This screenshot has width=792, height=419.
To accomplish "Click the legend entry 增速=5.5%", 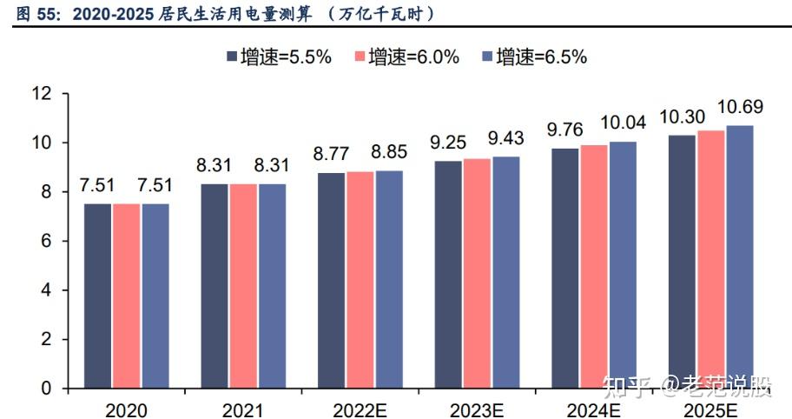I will click(278, 57).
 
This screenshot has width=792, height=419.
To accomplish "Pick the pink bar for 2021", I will click(243, 286).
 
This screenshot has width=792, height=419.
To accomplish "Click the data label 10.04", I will click(623, 123).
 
